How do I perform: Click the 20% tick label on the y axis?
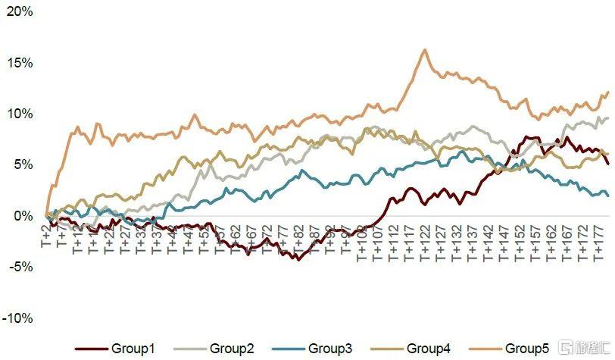tap(20, 11)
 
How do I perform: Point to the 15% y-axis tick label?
tap(20, 63)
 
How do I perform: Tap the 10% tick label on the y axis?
tap(20, 114)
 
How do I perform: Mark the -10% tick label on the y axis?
tap(19, 318)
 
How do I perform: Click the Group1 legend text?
tap(133, 349)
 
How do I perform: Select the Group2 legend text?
tap(232, 349)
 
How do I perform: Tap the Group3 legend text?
tap(330, 349)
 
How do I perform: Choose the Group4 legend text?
tap(429, 349)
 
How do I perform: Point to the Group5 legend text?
tap(527, 349)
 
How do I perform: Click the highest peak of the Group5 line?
tap(424, 50)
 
